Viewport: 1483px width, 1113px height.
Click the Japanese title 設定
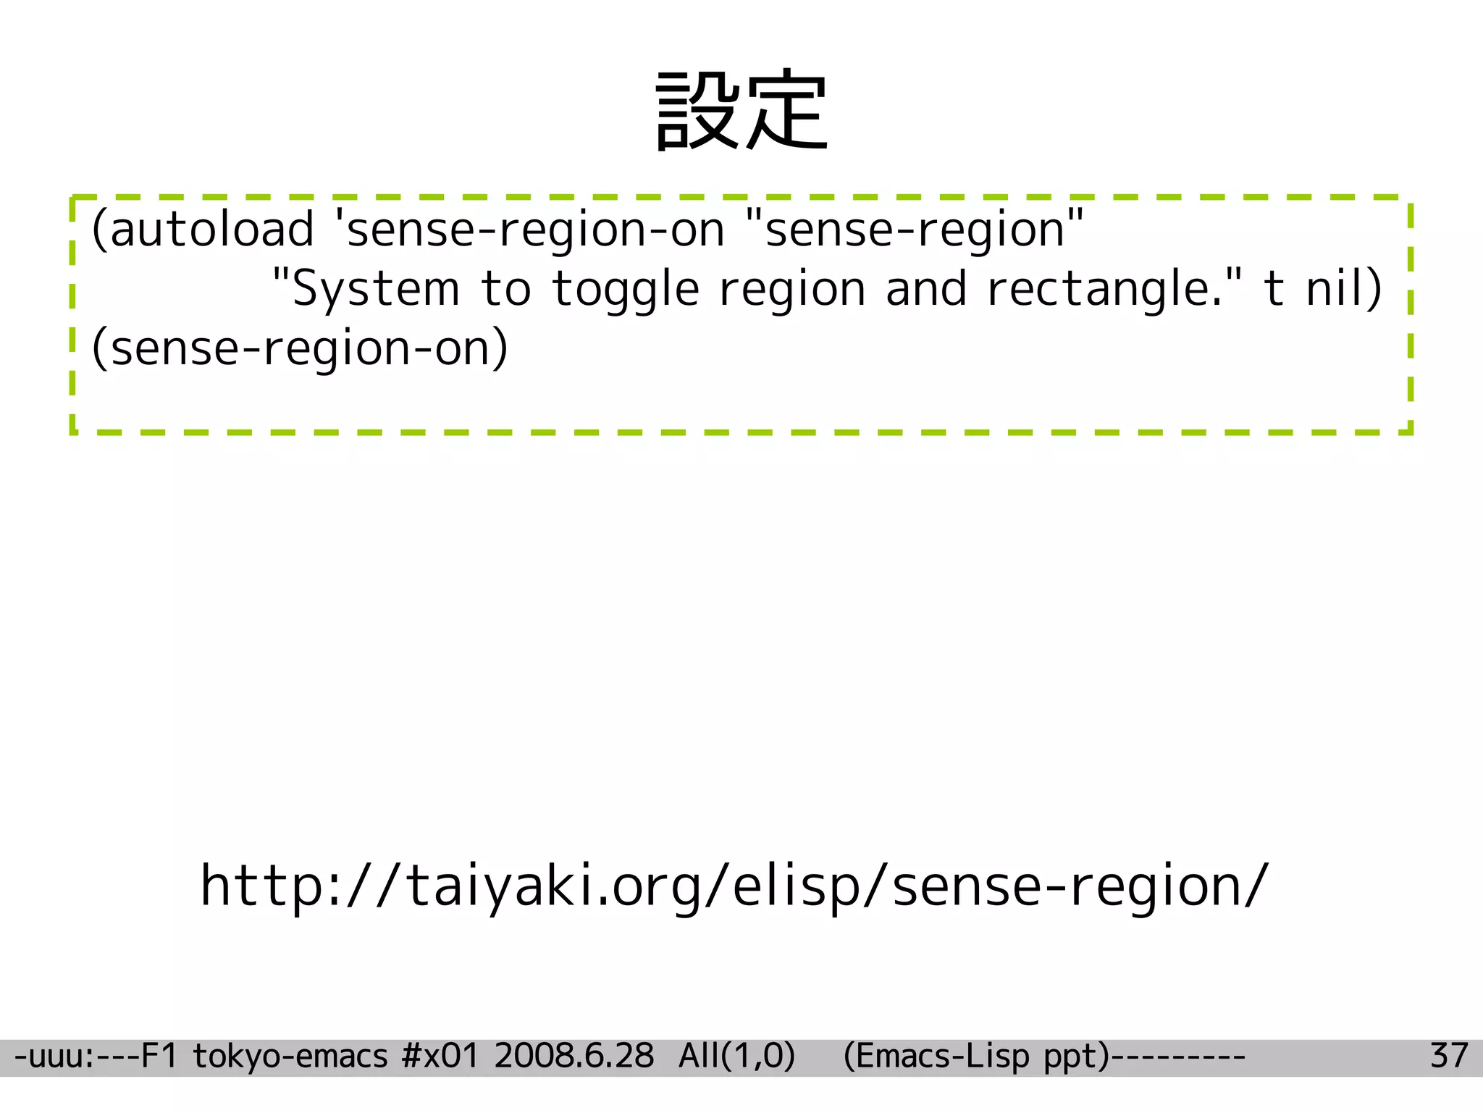tap(741, 112)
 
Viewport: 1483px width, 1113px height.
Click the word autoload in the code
tap(211, 230)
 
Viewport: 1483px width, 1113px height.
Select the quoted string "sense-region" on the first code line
tap(915, 230)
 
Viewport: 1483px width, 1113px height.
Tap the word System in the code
tap(376, 290)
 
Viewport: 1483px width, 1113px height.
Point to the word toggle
tap(626, 290)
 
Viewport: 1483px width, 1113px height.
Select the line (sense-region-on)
tap(300, 349)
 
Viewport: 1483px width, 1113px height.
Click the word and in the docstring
tap(927, 290)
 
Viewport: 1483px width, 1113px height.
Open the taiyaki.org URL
tap(734, 886)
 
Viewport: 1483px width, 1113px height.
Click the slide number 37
tap(1449, 1057)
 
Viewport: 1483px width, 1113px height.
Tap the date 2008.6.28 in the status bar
tap(574, 1057)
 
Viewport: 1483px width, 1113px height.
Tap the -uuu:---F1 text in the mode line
tap(96, 1057)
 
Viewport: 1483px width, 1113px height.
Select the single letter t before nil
tap(1274, 289)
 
